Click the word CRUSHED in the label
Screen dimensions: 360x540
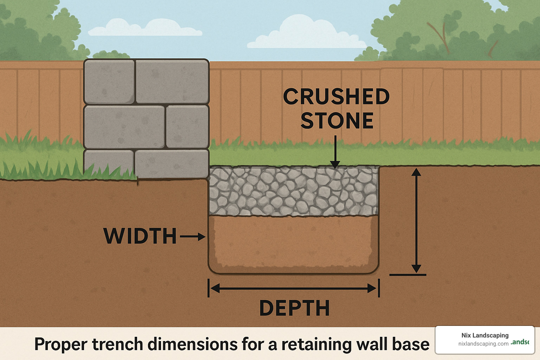tap(336, 97)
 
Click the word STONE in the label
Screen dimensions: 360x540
tap(337, 121)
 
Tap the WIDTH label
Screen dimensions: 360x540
tap(140, 236)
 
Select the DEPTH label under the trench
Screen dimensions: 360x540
tap(294, 308)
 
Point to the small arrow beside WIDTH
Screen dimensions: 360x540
tap(193, 237)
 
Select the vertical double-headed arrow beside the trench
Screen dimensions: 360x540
tap(416, 220)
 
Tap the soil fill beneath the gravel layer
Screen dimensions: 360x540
tap(293, 243)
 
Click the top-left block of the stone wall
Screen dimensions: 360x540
tap(109, 81)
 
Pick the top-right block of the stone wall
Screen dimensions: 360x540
tap(172, 81)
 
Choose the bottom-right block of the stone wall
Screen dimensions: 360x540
tap(172, 163)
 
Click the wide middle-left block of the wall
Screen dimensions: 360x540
tap(124, 127)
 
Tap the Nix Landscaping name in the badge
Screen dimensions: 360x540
tap(485, 335)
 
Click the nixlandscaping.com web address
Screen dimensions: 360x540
tap(483, 344)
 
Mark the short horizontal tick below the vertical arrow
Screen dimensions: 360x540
tap(408, 275)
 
